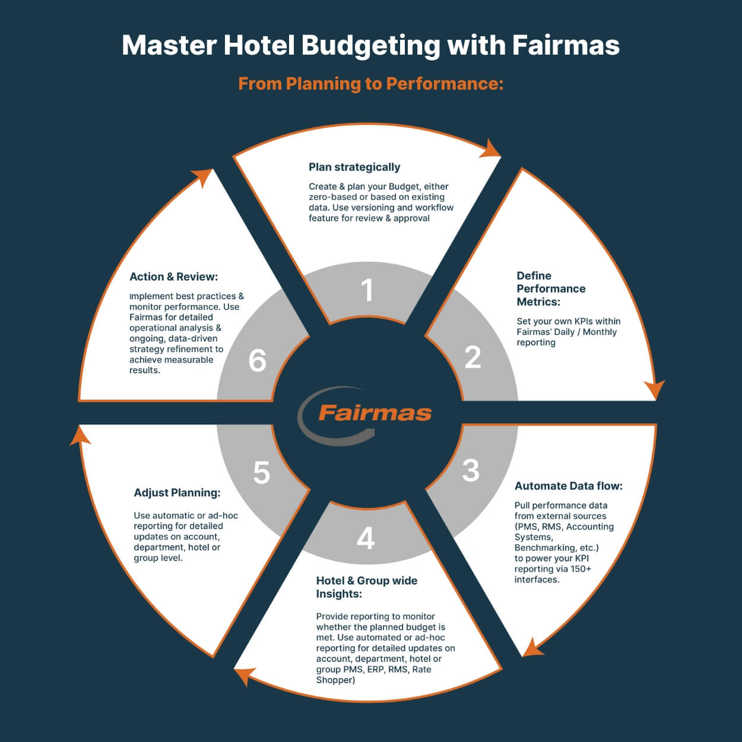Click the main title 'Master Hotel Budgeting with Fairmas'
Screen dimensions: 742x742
pyautogui.click(x=370, y=46)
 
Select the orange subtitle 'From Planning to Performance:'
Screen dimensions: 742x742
pyautogui.click(x=371, y=84)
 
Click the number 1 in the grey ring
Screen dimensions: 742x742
pyautogui.click(x=367, y=290)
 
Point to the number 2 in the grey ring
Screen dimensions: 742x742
pyautogui.click(x=473, y=357)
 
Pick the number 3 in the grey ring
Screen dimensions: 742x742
pyautogui.click(x=471, y=470)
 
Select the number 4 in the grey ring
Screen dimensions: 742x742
pyautogui.click(x=366, y=538)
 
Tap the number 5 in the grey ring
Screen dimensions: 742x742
pyautogui.click(x=261, y=473)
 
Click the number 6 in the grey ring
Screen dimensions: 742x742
pyautogui.click(x=257, y=360)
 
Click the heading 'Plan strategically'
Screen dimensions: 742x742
pyautogui.click(x=354, y=167)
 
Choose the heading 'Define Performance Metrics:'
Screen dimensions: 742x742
pyautogui.click(x=551, y=288)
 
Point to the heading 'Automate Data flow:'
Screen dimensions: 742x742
pyautogui.click(x=568, y=486)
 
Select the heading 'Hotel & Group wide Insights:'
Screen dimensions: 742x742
pyautogui.click(x=367, y=587)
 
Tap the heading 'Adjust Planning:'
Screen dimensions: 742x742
pyautogui.click(x=177, y=493)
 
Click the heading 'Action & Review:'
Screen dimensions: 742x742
pyautogui.click(x=174, y=277)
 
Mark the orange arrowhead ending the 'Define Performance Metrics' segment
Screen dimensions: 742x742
pyautogui.click(x=655, y=389)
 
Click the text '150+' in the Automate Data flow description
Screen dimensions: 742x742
pyautogui.click(x=581, y=569)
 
